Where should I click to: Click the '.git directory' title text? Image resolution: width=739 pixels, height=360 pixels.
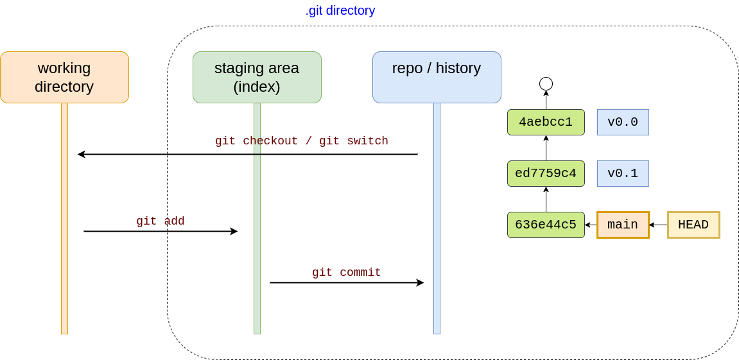click(340, 11)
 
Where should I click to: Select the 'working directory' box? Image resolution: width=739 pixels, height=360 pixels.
click(64, 77)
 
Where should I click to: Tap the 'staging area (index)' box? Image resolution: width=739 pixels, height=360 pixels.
click(257, 77)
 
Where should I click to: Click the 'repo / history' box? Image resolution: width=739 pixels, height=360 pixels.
click(437, 77)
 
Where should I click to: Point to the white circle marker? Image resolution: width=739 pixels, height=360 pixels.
click(546, 83)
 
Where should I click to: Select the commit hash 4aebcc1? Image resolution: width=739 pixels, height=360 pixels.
click(546, 122)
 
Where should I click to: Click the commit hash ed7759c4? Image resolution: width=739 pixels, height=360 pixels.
click(546, 173)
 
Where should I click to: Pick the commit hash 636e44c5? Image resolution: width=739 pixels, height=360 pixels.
click(546, 225)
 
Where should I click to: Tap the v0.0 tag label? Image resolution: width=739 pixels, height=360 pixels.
click(623, 122)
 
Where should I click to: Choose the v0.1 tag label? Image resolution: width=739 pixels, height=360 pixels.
click(623, 173)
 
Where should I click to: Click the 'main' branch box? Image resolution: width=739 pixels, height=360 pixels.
click(623, 225)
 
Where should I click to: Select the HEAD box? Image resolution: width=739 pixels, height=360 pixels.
click(693, 225)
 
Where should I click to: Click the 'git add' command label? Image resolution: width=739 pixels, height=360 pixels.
click(161, 221)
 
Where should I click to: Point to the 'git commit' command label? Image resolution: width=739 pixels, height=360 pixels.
click(347, 273)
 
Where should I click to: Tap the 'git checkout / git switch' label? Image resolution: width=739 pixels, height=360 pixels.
click(302, 141)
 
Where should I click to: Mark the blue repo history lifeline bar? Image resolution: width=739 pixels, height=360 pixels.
click(437, 218)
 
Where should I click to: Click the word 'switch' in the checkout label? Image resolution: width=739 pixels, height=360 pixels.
click(367, 141)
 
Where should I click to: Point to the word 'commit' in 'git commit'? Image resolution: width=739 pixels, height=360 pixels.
click(360, 273)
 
